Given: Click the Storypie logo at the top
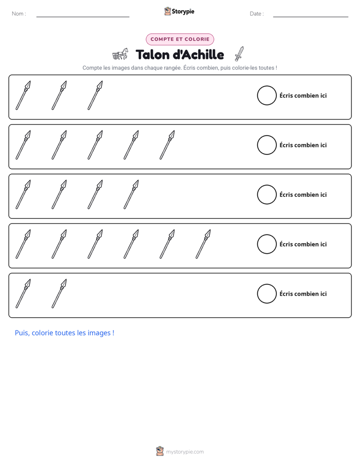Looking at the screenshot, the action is pos(179,11).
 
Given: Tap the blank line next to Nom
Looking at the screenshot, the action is pos(83,17).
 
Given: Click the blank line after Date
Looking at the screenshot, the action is pos(311,17).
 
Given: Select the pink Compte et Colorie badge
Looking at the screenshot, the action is pos(180,39).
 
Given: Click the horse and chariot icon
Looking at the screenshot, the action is pos(121,54).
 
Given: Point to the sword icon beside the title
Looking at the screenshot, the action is pos(239,54).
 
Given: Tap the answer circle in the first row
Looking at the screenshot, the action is pos(267,95).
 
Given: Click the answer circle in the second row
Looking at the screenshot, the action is pos(267,145).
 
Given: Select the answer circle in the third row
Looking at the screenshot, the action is pos(267,195).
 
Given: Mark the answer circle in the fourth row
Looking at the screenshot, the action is pos(267,244).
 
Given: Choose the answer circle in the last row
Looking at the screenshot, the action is pos(267,294).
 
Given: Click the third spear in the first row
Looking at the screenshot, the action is pos(95,95).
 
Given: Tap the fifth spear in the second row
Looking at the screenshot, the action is pos(167,145).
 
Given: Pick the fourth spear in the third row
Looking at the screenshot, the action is pos(131,195).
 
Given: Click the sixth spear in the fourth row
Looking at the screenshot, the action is pos(203,244).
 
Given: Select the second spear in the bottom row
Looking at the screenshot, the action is pos(59,294).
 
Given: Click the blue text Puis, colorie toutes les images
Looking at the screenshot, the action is pos(65,333).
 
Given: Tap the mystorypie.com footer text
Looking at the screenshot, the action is pos(185,452).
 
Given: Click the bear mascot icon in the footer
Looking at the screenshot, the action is pos(160,451).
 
